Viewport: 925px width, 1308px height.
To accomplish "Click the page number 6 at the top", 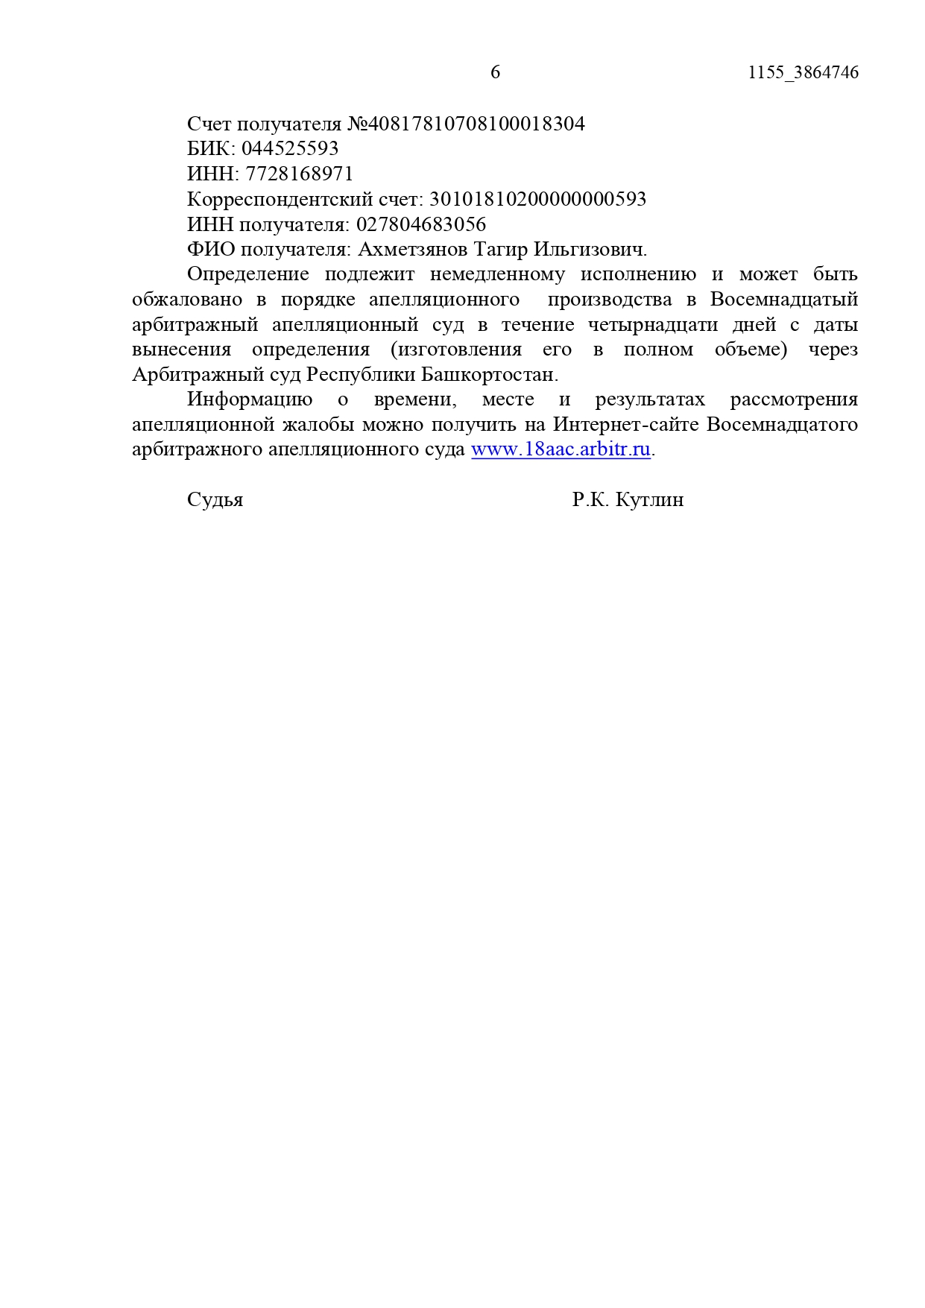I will pos(495,72).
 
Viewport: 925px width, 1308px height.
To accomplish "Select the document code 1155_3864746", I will pos(803,72).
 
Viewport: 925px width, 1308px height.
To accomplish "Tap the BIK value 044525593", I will pos(290,148).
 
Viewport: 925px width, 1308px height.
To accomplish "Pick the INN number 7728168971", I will pos(300,174).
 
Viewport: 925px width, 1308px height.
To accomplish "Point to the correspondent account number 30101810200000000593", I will pos(537,199).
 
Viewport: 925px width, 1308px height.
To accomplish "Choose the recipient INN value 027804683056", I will pos(421,224).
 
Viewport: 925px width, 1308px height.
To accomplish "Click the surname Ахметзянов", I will pos(413,249).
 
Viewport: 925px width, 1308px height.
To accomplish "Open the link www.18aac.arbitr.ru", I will pos(561,449).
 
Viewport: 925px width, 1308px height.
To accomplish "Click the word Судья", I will pos(215,499).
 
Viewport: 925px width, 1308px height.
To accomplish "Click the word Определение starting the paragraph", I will pos(247,274).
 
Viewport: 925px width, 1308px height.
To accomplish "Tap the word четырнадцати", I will pos(652,324).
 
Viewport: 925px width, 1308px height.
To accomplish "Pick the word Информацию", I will pos(250,399).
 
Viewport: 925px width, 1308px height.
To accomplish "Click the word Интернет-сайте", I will pos(626,425).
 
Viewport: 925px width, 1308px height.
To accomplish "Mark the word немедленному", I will pos(497,274).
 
